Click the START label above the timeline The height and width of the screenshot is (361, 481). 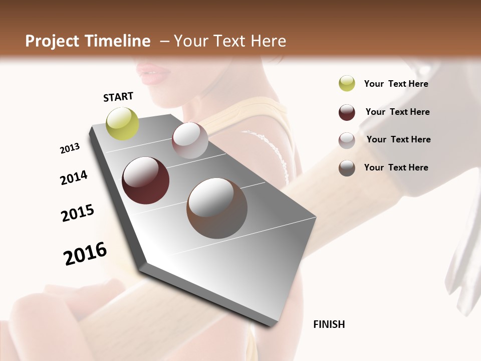click(118, 97)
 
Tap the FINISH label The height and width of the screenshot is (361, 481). click(329, 324)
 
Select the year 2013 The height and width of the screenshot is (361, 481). click(70, 148)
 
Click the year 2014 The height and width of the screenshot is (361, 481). click(74, 177)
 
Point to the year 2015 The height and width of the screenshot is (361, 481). click(78, 213)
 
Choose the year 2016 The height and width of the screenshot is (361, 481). click(85, 253)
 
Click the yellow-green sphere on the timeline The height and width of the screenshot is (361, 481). click(122, 123)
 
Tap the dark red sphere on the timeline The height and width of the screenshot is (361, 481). click(145, 180)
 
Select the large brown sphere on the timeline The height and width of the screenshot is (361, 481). click(217, 208)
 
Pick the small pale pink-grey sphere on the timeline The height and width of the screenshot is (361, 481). click(190, 140)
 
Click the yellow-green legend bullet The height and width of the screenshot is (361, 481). click(347, 83)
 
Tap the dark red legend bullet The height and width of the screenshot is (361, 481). click(347, 112)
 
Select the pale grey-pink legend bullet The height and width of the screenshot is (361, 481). click(347, 140)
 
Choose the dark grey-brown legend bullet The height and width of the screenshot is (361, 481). click(347, 168)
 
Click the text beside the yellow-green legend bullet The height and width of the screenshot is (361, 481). click(396, 84)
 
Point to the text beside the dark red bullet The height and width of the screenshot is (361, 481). click(397, 112)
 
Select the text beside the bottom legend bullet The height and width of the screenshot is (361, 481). click(396, 167)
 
